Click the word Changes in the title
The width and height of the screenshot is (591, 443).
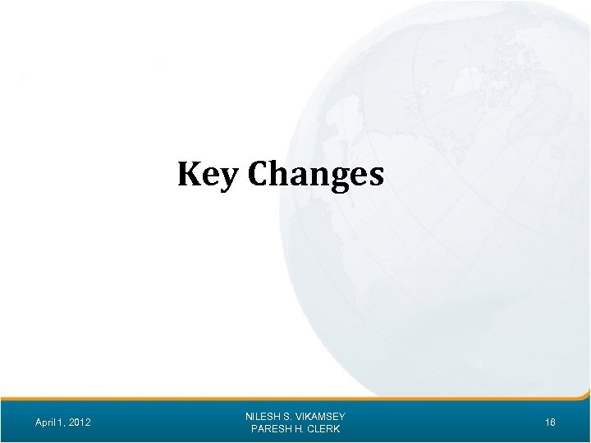pyautogui.click(x=315, y=174)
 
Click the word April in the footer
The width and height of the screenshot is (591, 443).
pyautogui.click(x=47, y=422)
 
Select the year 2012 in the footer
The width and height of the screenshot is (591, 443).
pyautogui.click(x=80, y=422)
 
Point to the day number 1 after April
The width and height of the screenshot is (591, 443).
pyautogui.click(x=62, y=422)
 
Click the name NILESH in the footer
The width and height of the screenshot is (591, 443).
pyautogui.click(x=263, y=417)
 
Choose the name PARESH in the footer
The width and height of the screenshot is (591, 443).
pyautogui.click(x=268, y=429)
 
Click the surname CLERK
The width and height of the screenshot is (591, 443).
pyautogui.click(x=323, y=429)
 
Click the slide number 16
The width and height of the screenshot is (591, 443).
pyautogui.click(x=550, y=422)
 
